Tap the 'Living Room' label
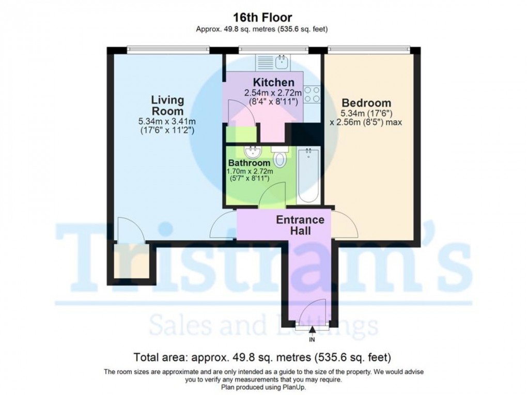(x=167, y=105)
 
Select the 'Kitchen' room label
(x=273, y=83)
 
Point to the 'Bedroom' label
(x=366, y=103)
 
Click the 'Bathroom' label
(x=250, y=163)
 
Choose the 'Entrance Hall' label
(x=300, y=225)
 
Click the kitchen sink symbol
(x=282, y=63)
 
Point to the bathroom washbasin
(x=253, y=152)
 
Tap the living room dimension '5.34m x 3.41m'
(x=166, y=121)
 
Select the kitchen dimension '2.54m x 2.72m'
(x=273, y=93)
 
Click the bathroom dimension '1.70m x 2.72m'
(x=250, y=172)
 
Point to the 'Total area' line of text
(x=262, y=357)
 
